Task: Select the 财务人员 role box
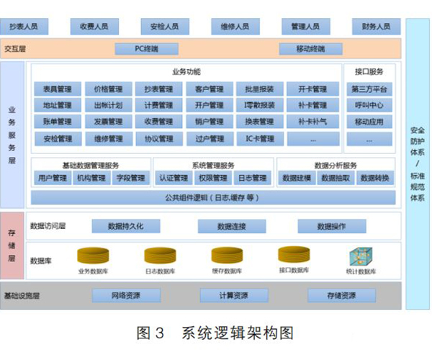point(376,27)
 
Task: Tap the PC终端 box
point(146,49)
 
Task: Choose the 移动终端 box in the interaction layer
point(310,49)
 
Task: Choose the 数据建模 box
point(297,178)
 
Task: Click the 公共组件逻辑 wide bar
point(211,197)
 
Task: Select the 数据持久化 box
point(125,226)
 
